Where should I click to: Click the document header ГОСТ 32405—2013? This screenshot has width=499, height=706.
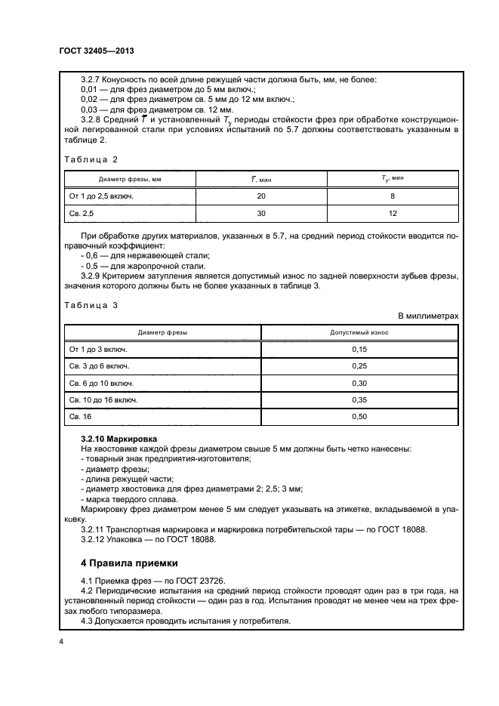[x=96, y=52]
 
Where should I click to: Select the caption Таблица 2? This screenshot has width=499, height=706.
[x=90, y=159]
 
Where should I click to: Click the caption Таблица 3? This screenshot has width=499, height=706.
[x=90, y=306]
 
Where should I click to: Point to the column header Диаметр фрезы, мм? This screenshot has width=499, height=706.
[x=131, y=179]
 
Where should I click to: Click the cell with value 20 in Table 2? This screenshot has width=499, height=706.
[x=261, y=196]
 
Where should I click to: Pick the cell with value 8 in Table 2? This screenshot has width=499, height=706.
[x=393, y=196]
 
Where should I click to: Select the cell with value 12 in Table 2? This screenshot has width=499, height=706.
[x=393, y=214]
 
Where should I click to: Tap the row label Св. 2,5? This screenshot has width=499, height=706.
[x=82, y=214]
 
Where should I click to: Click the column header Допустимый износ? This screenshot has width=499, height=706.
[x=359, y=332]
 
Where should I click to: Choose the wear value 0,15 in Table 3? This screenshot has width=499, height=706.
[x=359, y=350]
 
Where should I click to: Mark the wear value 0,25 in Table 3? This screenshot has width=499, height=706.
[x=359, y=366]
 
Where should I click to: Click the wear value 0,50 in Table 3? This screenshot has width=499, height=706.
[x=359, y=416]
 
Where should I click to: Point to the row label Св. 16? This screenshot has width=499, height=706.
[x=79, y=416]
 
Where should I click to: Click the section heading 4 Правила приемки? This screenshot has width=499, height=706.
[x=129, y=563]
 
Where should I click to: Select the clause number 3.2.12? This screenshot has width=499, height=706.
[x=94, y=539]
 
